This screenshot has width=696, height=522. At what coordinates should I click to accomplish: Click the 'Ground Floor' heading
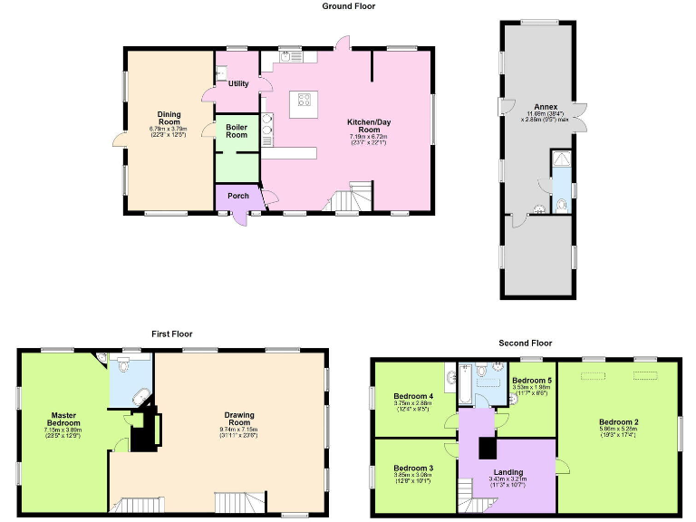pyautogui.click(x=348, y=6)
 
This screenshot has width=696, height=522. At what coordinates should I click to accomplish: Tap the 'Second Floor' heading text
pyautogui.click(x=525, y=343)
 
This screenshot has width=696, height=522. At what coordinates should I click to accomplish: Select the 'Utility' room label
pyautogui.click(x=238, y=83)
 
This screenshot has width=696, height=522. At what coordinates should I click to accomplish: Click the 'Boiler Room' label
pyautogui.click(x=237, y=130)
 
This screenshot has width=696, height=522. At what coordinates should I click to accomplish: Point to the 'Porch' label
pyautogui.click(x=237, y=196)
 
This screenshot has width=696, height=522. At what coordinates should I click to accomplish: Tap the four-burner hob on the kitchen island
pyautogui.click(x=303, y=101)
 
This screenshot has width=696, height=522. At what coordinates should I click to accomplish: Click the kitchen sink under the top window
pyautogui.click(x=289, y=56)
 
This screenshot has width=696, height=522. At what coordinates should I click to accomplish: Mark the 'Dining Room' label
pyautogui.click(x=169, y=118)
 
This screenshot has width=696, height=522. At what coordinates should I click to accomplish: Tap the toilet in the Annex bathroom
pyautogui.click(x=563, y=206)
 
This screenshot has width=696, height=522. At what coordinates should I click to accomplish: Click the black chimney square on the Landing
pyautogui.click(x=488, y=448)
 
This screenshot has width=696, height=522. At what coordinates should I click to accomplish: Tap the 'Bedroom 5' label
pyautogui.click(x=532, y=380)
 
